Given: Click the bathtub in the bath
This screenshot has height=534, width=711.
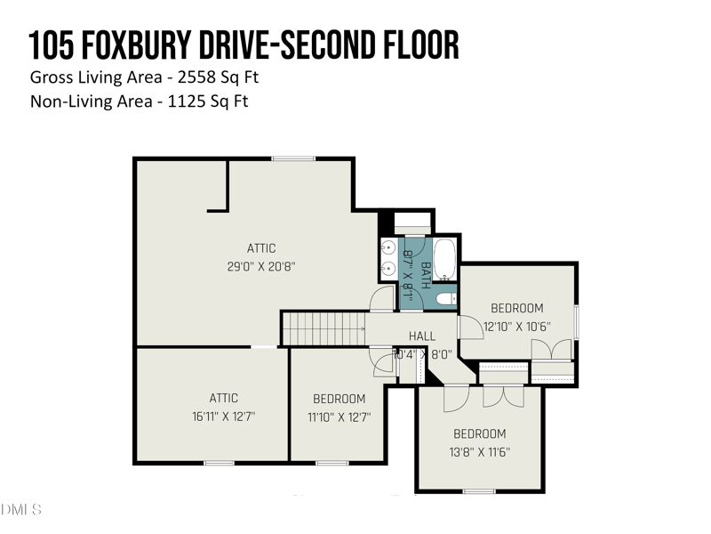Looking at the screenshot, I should [x=444, y=261].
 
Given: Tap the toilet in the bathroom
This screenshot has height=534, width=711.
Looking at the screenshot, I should [x=447, y=299].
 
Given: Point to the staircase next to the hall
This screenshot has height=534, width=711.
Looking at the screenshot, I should [x=324, y=328].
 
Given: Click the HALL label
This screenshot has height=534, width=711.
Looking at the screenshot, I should [x=422, y=336].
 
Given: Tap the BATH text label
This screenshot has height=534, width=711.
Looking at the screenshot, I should [x=425, y=275].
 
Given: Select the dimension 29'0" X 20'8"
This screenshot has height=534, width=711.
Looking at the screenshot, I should [x=261, y=265].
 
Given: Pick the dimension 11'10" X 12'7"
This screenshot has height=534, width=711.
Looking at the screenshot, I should [x=339, y=416].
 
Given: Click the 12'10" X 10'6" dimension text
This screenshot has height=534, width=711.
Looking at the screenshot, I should [x=516, y=326].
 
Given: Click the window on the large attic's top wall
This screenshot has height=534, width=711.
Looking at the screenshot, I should [x=293, y=158].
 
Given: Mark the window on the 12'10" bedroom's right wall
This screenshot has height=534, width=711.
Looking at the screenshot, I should [x=577, y=321].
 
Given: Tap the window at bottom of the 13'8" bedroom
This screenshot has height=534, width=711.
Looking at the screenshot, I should [x=479, y=490].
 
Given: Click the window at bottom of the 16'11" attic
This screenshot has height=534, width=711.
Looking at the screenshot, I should [x=219, y=462].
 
